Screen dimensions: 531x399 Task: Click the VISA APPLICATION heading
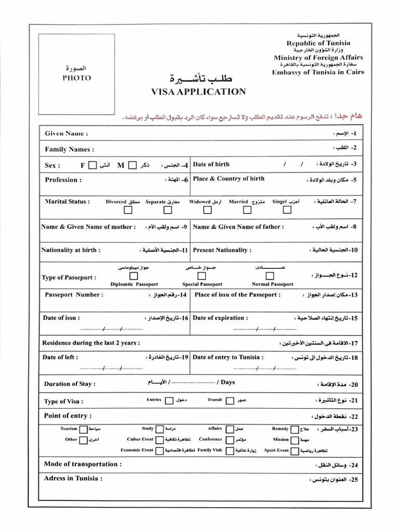tap(198, 92)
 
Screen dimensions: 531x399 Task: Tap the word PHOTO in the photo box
tap(77, 78)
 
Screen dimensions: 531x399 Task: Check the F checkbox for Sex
tap(92, 165)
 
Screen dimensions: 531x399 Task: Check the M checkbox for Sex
tap(132, 165)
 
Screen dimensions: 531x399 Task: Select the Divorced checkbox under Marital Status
tap(128, 210)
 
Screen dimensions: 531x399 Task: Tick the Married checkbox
tap(246, 210)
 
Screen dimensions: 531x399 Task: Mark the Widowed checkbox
tap(207, 210)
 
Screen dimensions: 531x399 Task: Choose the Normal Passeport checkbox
tap(270, 276)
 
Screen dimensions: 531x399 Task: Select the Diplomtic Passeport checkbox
tap(134, 276)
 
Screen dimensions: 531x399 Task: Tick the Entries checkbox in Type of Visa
tap(169, 400)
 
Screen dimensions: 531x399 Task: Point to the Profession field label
tap(63, 180)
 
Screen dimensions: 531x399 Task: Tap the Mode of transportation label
tap(83, 464)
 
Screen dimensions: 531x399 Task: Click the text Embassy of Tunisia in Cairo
tap(318, 72)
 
